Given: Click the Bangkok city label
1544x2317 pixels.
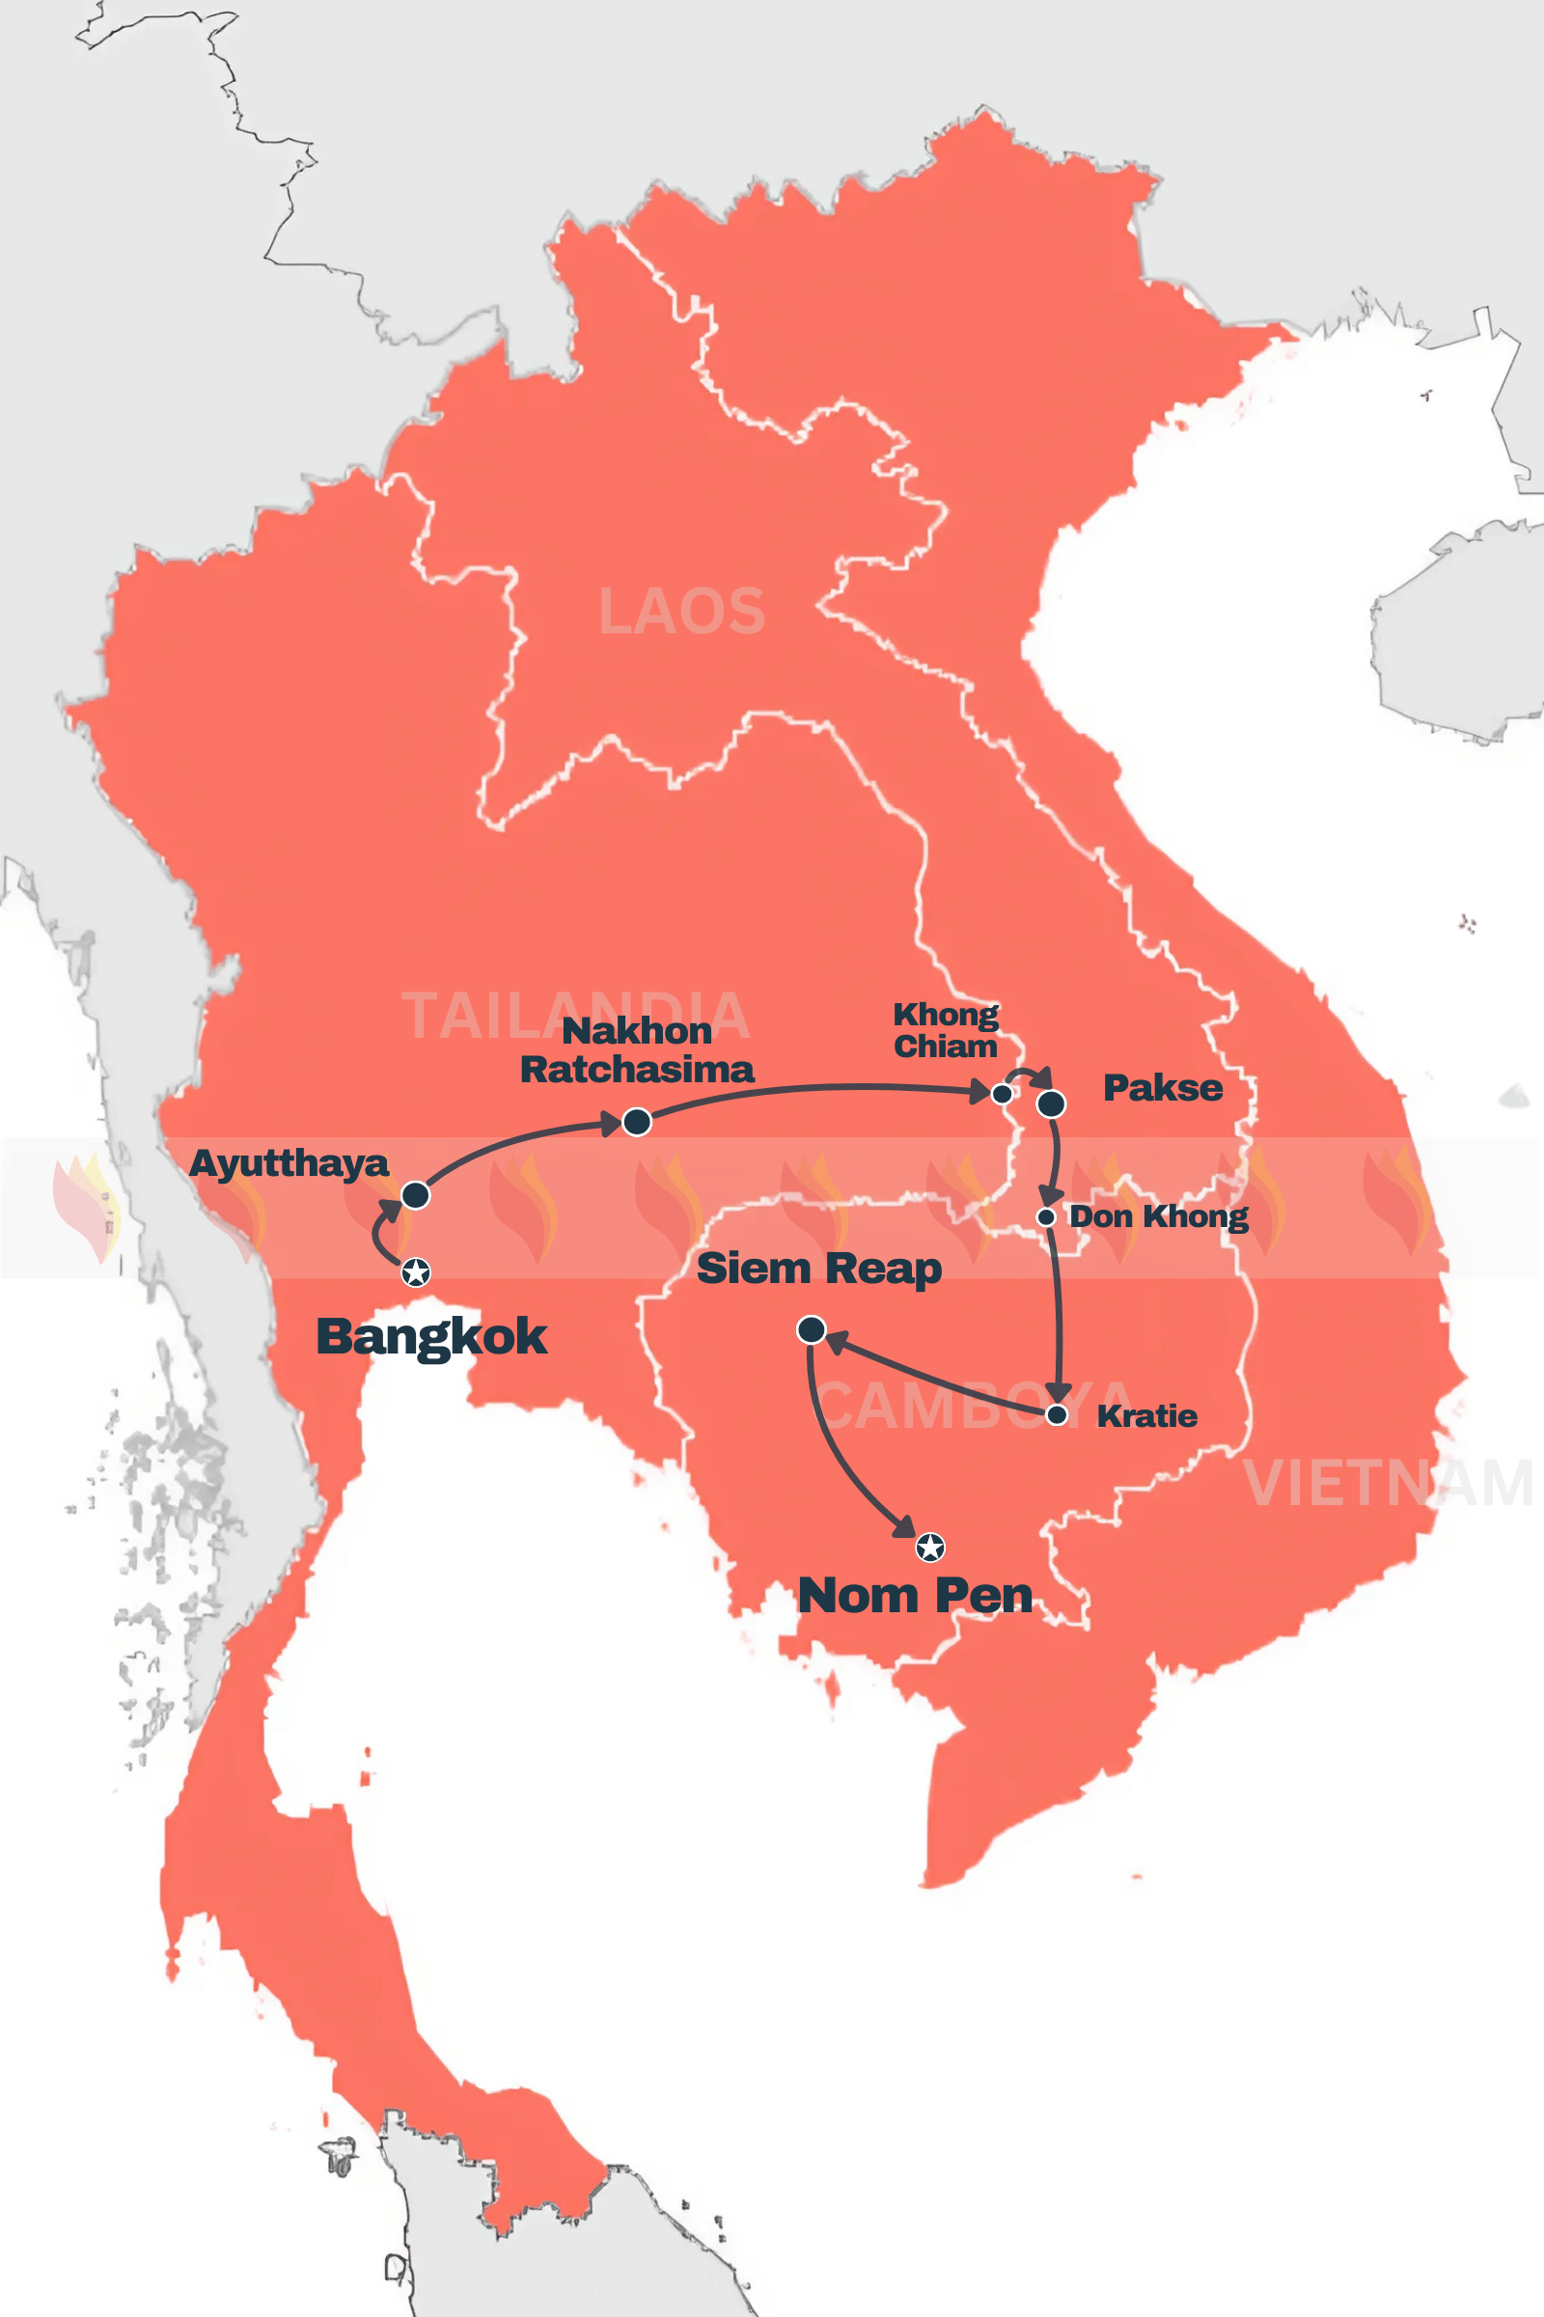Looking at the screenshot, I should point(430,1337).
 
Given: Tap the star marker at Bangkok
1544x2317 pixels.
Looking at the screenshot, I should point(416,1272).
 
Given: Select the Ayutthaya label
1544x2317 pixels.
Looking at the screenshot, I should point(289,1163).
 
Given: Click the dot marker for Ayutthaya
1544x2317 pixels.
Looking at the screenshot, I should point(416,1195).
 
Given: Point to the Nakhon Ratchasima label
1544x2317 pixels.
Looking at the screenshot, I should point(636,1050).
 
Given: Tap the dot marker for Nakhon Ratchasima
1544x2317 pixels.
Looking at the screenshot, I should point(637,1121).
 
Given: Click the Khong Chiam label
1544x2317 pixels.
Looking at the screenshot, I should point(946,1029).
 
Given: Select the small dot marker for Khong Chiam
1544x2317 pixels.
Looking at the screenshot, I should point(1002,1094).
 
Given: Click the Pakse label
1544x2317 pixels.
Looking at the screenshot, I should point(1163,1088).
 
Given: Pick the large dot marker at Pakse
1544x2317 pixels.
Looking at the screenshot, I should point(1051,1104).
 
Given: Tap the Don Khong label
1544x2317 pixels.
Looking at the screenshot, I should point(1158,1216).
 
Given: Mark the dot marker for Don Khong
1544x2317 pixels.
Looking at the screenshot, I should point(1047,1217).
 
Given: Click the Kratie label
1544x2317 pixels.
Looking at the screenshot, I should point(1146,1415).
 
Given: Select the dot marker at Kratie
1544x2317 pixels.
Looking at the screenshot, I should point(1057,1414).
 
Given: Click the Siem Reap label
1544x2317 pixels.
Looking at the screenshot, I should point(818,1269).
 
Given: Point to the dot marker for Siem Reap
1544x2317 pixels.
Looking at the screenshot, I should point(811,1330).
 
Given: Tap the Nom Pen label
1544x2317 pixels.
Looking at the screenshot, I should point(915,1596).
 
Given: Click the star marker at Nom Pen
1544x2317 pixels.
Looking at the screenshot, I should point(929,1548).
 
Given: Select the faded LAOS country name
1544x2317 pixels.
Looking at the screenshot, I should point(681,611).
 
